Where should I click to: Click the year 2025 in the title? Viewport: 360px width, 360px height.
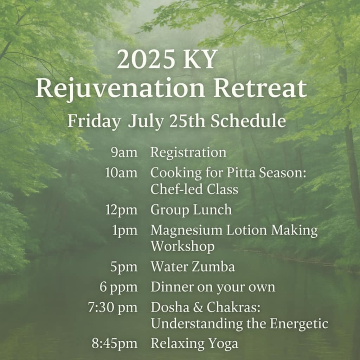coord(146,59)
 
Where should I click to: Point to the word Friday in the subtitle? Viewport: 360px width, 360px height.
coord(94,121)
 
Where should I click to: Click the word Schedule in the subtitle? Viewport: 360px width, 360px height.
coord(248,121)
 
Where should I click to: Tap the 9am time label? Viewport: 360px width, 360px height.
coord(124,153)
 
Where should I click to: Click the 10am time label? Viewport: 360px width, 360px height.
coord(121,173)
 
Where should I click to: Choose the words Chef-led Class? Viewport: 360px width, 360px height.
coord(194,189)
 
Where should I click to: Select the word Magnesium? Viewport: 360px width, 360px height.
coord(186,231)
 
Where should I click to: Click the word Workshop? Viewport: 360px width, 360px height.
coord(182,246)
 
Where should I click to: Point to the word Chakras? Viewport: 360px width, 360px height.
coord(233,307)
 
